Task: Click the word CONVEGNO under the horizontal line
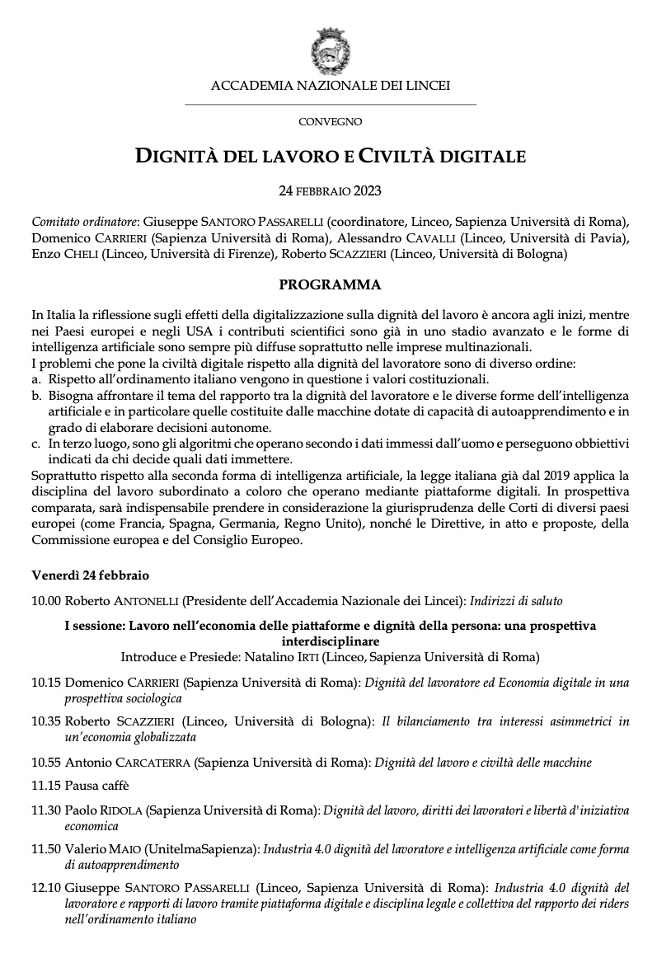click(330, 122)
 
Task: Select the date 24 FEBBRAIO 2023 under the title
click(330, 190)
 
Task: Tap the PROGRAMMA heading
click(330, 285)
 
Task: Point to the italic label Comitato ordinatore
click(85, 222)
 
